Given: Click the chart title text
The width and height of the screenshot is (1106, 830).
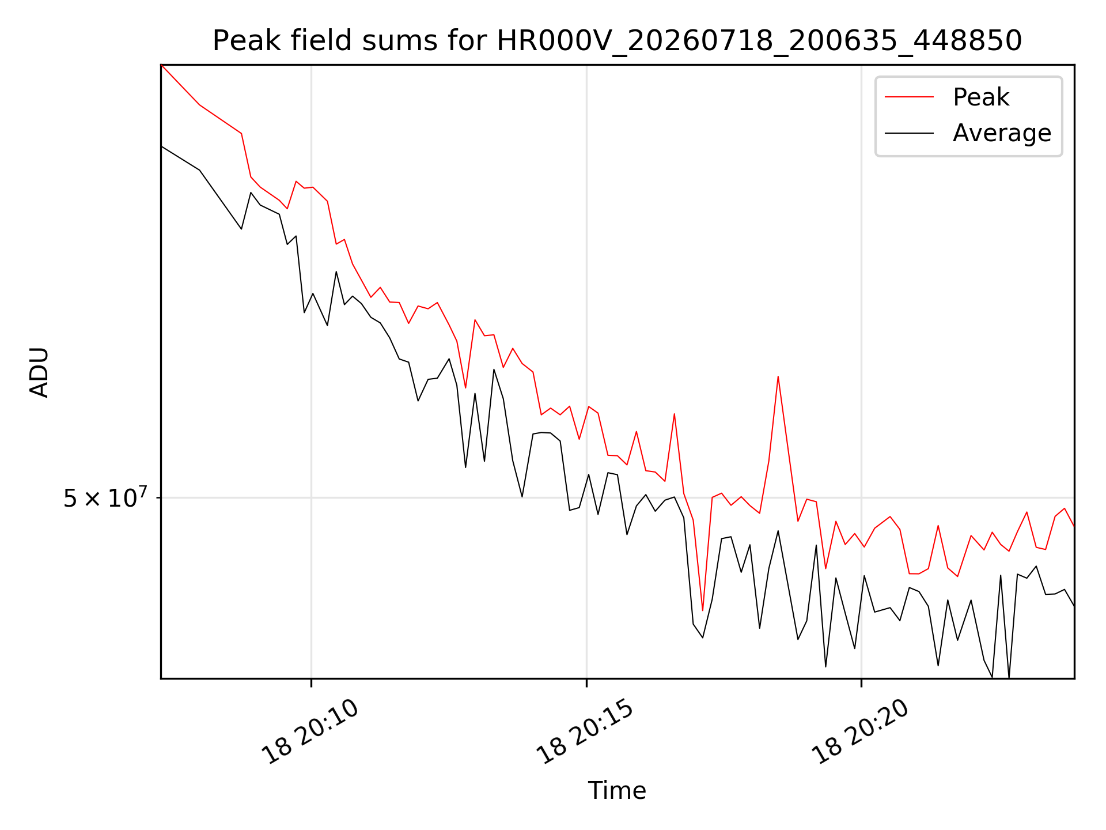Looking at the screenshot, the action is click(617, 41).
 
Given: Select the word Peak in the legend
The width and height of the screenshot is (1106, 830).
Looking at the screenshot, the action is click(981, 97).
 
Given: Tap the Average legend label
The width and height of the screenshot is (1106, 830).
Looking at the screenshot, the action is click(1002, 133).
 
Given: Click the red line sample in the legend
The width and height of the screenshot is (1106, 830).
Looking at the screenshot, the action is click(909, 97).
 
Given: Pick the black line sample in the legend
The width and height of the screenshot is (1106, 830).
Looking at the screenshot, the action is click(909, 133).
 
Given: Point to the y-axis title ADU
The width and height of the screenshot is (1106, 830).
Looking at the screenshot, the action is click(39, 372).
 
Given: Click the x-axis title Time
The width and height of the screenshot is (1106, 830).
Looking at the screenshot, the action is click(617, 790).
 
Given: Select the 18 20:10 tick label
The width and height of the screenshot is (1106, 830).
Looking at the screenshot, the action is click(310, 731).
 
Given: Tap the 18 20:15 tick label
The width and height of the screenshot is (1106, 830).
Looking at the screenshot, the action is click(585, 731).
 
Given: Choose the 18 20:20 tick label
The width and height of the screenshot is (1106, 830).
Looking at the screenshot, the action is click(860, 731).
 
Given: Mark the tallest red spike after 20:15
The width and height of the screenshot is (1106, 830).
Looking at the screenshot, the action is click(778, 377).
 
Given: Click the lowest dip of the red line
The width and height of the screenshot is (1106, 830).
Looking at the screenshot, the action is click(703, 610).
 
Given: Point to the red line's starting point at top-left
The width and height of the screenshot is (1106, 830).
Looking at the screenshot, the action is click(161, 65).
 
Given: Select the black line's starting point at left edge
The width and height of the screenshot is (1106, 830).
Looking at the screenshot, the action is click(161, 146).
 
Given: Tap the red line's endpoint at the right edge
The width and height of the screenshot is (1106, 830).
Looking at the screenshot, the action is click(1074, 526).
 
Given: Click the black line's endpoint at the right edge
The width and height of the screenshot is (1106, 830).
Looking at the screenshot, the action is click(1074, 606).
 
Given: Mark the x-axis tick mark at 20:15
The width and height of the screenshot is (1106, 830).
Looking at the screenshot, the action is click(586, 683).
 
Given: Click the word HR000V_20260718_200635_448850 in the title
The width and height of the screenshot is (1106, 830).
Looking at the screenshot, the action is click(759, 41).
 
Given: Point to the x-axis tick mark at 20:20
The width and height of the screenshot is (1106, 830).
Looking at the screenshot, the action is click(862, 683).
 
